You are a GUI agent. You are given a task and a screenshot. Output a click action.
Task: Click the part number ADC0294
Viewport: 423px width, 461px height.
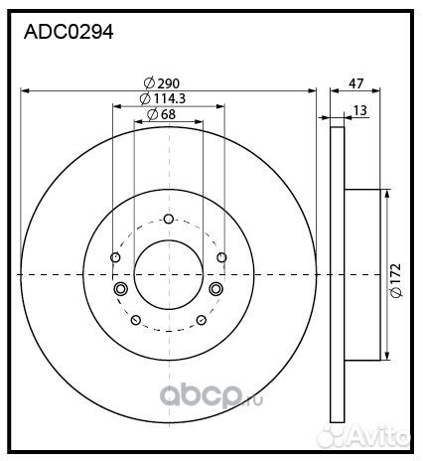[x=69, y=32]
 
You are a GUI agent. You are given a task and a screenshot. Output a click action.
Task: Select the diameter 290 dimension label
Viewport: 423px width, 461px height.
[x=162, y=83]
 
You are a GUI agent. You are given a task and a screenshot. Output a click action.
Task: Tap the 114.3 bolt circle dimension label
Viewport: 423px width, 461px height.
[x=163, y=98]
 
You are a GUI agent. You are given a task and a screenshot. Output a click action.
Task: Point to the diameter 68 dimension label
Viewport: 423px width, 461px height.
[x=161, y=114]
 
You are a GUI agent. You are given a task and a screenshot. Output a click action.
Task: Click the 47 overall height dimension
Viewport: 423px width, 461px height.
[x=355, y=83]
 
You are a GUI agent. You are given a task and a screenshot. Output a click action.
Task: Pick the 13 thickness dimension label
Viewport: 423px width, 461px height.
[x=360, y=110]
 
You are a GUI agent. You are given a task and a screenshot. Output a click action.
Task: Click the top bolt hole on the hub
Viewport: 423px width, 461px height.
[x=169, y=219]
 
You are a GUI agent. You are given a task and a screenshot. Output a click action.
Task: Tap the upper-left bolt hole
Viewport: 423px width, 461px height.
[x=115, y=257]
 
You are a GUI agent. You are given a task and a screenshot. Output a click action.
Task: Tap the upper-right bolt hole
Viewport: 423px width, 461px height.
[x=221, y=257]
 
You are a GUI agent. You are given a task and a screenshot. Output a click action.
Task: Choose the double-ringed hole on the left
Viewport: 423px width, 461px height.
[x=120, y=289]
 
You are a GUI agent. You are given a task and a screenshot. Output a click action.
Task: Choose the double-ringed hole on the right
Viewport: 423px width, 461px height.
[x=216, y=289]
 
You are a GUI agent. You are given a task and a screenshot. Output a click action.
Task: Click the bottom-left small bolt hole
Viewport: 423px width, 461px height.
[x=136, y=320]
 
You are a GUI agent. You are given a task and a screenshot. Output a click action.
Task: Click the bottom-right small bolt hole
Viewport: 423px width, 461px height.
[x=202, y=320]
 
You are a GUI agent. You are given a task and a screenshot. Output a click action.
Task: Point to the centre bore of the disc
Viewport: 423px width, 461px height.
[x=169, y=274]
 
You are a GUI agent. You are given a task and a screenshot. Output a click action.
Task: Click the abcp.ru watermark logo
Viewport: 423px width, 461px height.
[x=211, y=396]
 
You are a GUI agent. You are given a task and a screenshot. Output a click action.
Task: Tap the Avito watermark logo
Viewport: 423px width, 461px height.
[x=363, y=435]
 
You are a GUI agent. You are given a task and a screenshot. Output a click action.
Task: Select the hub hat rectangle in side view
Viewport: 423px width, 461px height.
[x=362, y=274]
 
